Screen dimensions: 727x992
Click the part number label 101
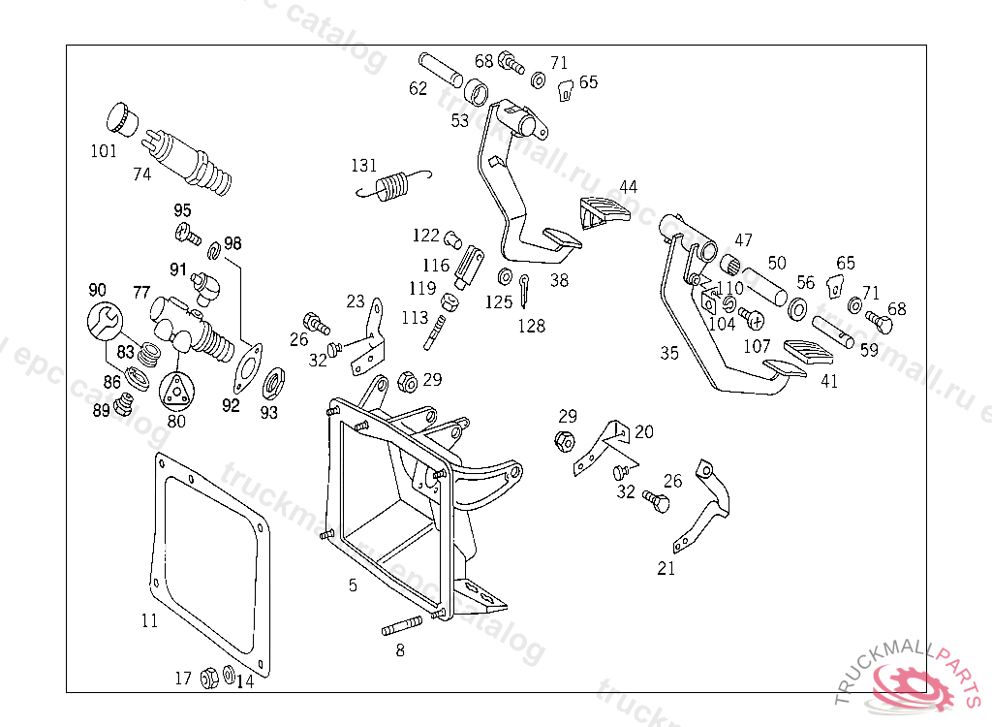click(104, 151)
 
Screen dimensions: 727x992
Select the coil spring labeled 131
click(393, 186)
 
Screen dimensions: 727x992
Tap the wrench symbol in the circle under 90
click(105, 321)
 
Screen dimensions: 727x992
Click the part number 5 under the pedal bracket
click(353, 585)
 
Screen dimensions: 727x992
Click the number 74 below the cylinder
click(142, 174)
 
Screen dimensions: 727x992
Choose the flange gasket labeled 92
click(249, 367)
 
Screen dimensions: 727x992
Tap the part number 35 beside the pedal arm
click(669, 353)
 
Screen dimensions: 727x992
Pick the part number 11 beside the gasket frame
click(149, 620)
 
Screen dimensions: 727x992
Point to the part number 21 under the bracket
click(666, 569)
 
